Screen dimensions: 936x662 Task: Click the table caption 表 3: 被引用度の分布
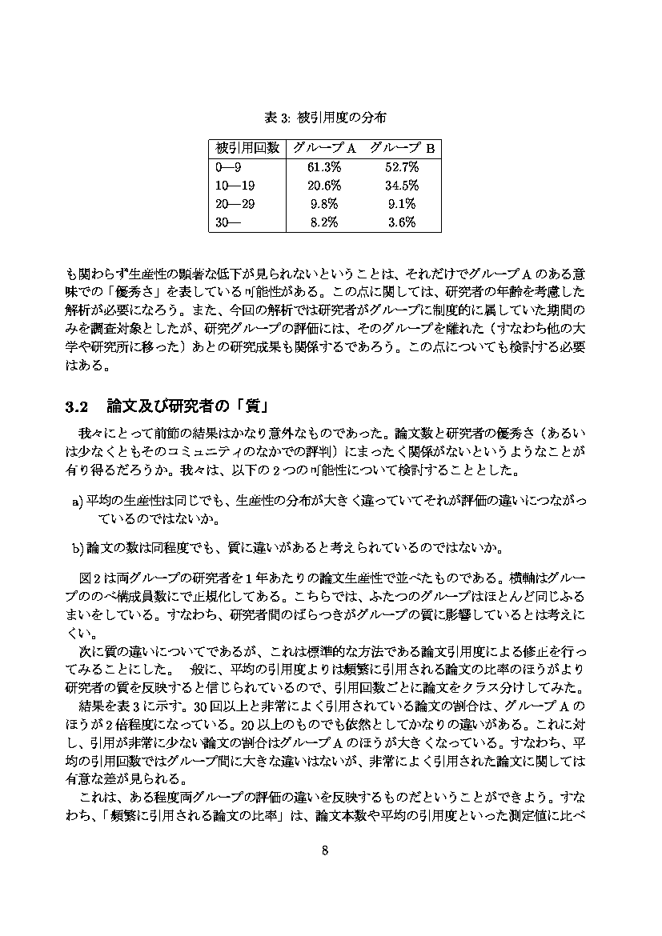[325, 118]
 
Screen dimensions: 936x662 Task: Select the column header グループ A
[323, 148]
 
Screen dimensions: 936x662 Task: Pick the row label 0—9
[228, 167]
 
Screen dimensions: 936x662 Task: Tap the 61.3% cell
[324, 167]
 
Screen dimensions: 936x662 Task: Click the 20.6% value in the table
[324, 186]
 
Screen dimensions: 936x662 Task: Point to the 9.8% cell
[324, 204]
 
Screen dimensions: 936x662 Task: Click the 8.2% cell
[324, 222]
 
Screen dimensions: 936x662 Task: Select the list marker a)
[78, 502]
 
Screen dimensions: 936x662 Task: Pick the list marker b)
[78, 549]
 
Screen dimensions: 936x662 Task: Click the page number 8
[325, 850]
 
